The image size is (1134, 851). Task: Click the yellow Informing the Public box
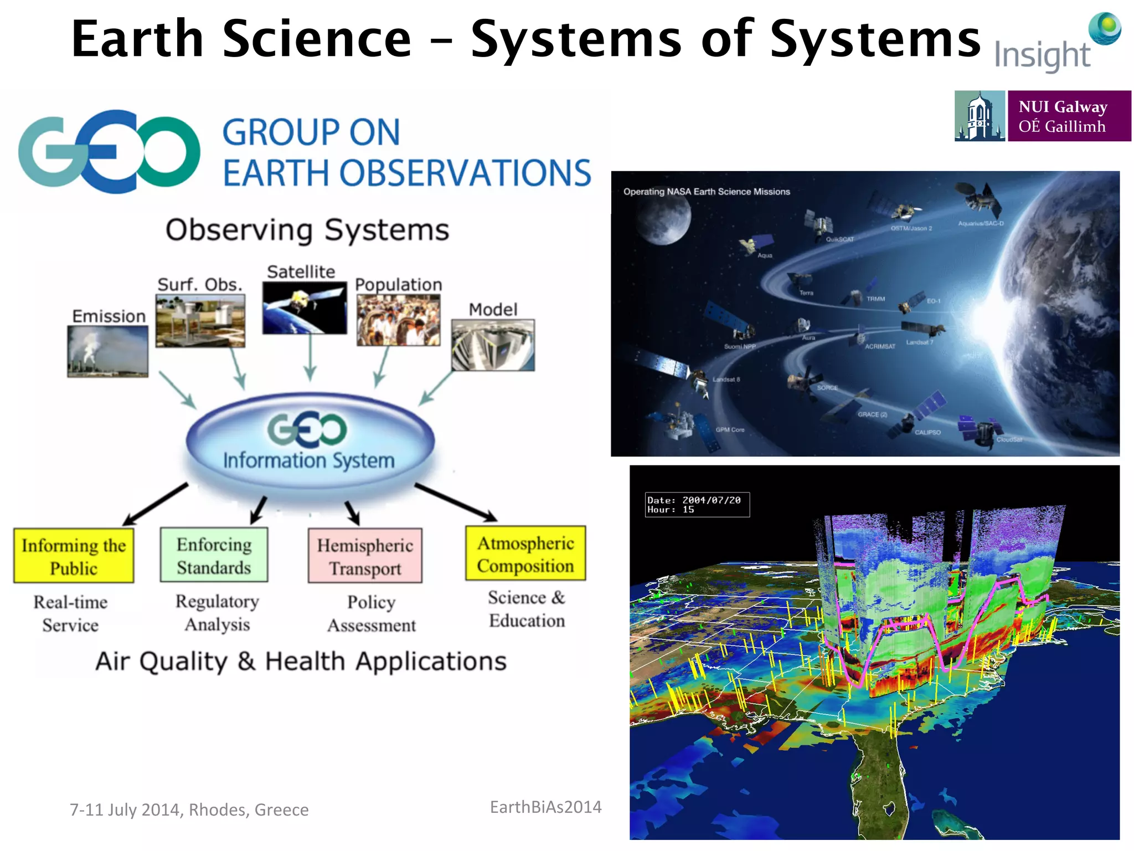74,556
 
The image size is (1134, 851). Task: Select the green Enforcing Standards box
214,555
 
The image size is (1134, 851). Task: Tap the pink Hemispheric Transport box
365,556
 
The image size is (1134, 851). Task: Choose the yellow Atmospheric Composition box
525,553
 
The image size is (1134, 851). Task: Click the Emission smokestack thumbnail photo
108,351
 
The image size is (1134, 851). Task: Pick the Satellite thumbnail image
305,308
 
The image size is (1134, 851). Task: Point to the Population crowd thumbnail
399,320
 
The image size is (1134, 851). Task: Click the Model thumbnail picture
493,345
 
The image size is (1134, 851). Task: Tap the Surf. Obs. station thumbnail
200,320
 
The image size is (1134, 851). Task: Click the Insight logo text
1042,56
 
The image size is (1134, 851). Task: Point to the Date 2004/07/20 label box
697,505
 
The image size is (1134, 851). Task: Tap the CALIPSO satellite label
927,432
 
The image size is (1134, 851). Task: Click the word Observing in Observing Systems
239,230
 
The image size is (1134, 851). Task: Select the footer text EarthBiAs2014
545,807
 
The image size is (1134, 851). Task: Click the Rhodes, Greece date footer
189,809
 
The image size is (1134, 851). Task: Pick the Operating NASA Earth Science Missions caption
707,192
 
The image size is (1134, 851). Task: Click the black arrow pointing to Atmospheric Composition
455,503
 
